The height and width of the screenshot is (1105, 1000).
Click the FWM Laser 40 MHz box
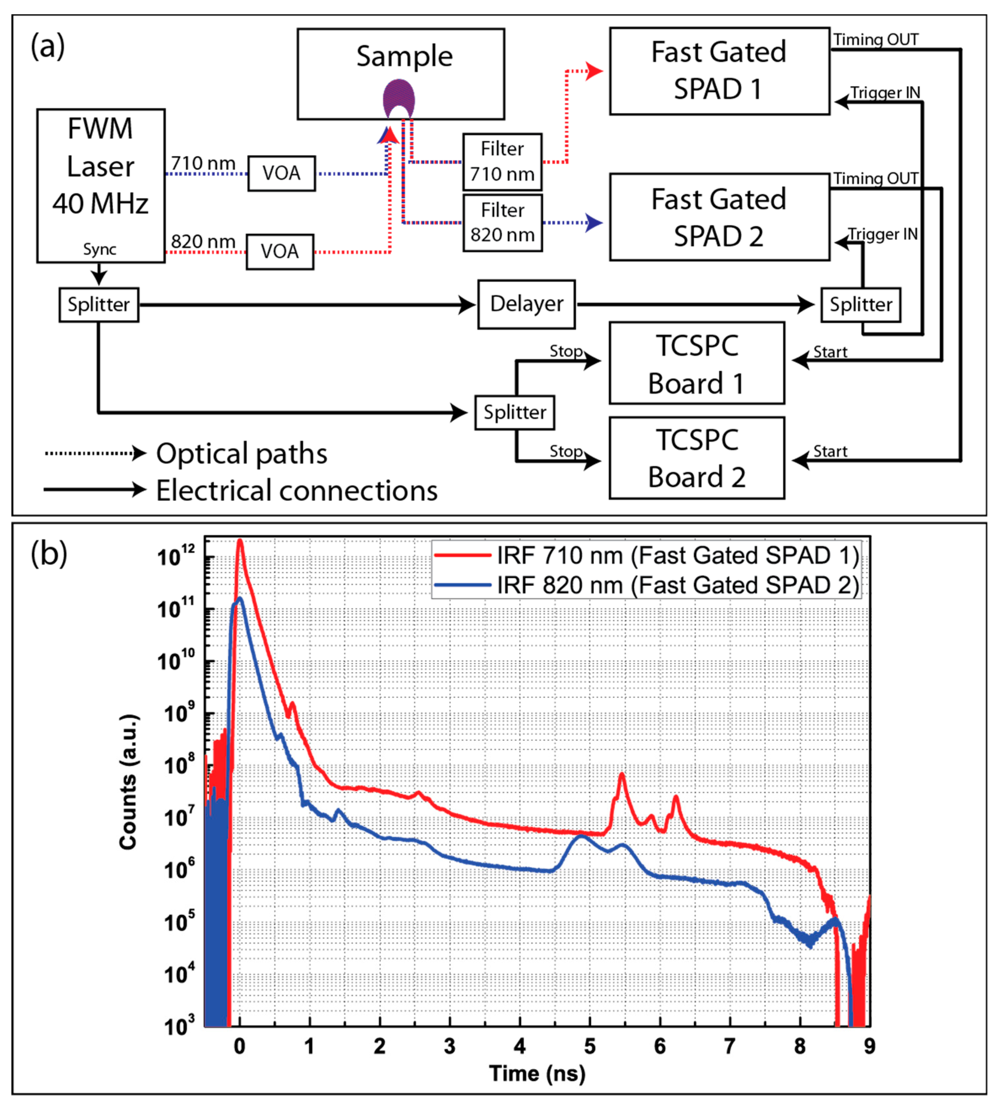tap(101, 185)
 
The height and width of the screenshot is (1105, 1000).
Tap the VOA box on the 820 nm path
tap(280, 252)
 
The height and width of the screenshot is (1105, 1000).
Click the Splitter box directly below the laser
tap(99, 305)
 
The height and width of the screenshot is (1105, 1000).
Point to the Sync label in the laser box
tap(100, 249)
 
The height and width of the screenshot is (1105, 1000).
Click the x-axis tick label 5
tap(590, 1046)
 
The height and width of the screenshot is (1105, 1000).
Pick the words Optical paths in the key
tap(242, 454)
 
